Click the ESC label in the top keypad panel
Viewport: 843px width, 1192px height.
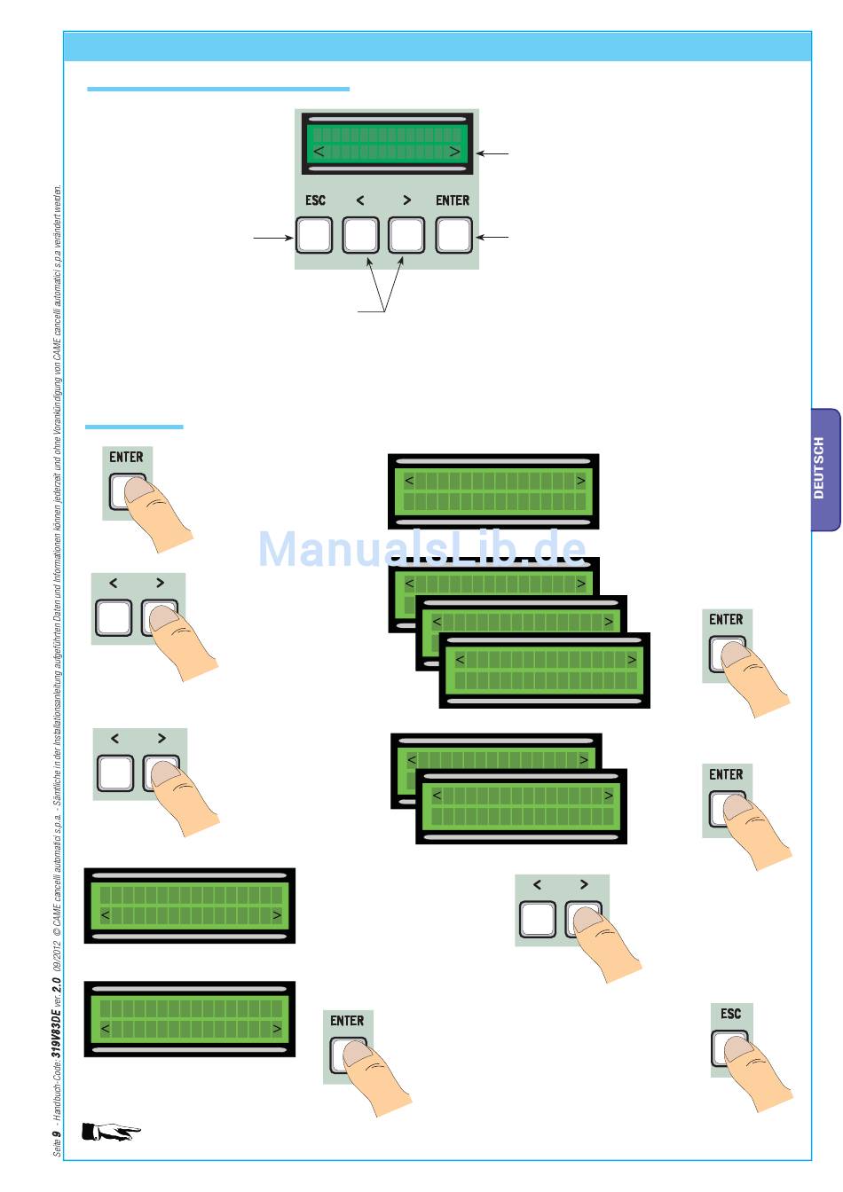click(x=315, y=200)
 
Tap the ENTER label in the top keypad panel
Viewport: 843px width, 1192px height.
click(x=453, y=200)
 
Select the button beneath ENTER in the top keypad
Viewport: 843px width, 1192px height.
click(x=453, y=236)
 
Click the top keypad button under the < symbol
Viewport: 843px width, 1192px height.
click(x=360, y=236)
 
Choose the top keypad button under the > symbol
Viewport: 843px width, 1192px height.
click(x=406, y=236)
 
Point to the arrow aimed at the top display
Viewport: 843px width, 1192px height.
click(x=492, y=154)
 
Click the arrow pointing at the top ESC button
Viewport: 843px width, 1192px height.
click(x=273, y=238)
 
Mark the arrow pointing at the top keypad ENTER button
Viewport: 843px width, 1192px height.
click(x=492, y=237)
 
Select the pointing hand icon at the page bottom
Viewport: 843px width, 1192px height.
click(x=111, y=1132)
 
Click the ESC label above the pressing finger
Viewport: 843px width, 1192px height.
click(x=731, y=1014)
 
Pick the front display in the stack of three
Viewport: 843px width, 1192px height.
click(x=545, y=670)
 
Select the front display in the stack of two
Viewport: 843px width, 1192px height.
click(x=521, y=806)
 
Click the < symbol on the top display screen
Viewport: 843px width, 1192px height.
click(x=319, y=152)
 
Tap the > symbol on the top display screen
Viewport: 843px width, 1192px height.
click(x=455, y=152)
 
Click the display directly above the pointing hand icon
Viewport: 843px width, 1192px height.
click(x=190, y=1019)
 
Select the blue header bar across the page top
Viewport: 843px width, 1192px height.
click(x=437, y=46)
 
